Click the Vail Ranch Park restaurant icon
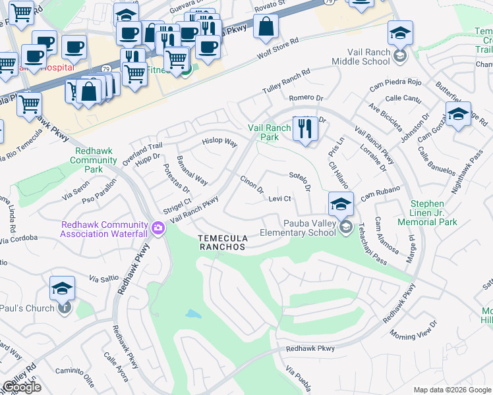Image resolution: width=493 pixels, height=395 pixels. [x=304, y=129]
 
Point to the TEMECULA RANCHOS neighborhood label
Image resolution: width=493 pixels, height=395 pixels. [x=223, y=242]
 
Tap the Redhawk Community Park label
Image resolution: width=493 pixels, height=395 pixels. [x=93, y=160]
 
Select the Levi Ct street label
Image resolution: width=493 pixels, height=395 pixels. [x=280, y=199]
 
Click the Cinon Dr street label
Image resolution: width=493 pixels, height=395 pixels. [x=252, y=184]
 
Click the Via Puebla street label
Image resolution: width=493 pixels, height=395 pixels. [x=298, y=378]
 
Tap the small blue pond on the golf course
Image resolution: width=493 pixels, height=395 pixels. [x=193, y=314]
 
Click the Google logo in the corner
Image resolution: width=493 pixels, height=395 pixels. [x=22, y=387]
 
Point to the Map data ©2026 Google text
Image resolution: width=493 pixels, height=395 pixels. [x=451, y=390]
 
